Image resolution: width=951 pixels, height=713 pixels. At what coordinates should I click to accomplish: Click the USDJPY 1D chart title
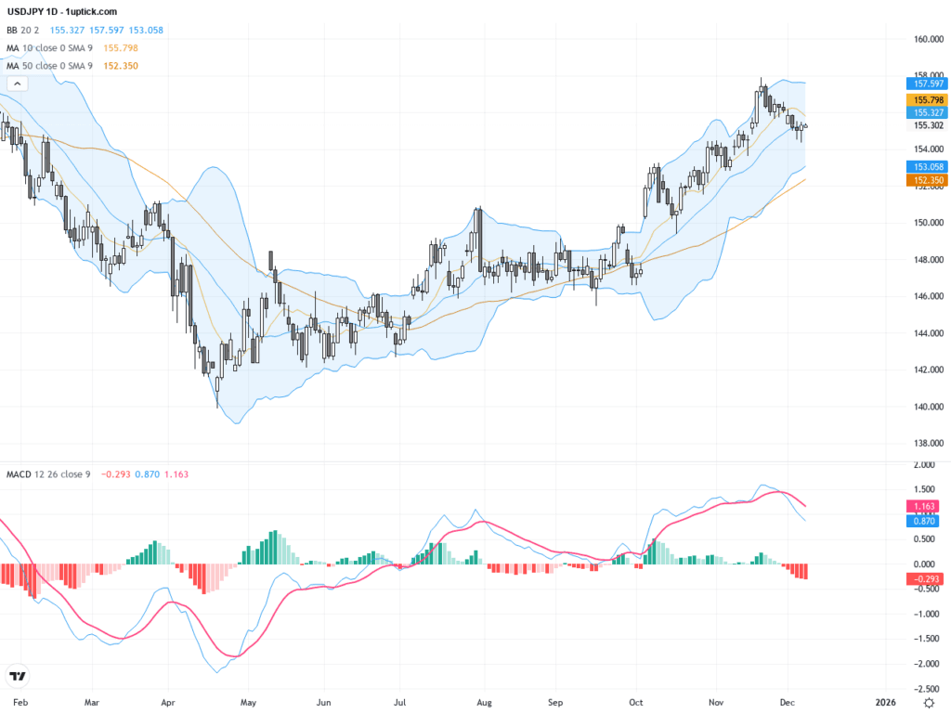point(61,11)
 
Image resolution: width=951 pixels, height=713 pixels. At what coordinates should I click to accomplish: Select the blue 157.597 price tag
point(923,84)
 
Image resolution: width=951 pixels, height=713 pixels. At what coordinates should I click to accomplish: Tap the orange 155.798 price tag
point(923,99)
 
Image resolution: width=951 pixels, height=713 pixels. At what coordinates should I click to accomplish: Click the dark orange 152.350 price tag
point(923,180)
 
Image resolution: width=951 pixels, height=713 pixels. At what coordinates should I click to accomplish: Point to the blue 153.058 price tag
point(923,166)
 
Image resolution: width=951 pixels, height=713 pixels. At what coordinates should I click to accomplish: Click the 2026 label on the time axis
point(885,703)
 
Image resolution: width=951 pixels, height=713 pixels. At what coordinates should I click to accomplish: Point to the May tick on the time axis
point(247,703)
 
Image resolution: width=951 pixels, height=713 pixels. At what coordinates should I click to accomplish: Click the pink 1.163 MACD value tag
point(923,507)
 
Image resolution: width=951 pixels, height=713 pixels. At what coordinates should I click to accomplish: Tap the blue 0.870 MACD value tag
point(923,521)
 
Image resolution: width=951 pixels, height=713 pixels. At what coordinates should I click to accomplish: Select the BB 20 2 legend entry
point(24,30)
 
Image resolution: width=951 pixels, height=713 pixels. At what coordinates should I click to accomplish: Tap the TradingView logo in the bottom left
point(16,676)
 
